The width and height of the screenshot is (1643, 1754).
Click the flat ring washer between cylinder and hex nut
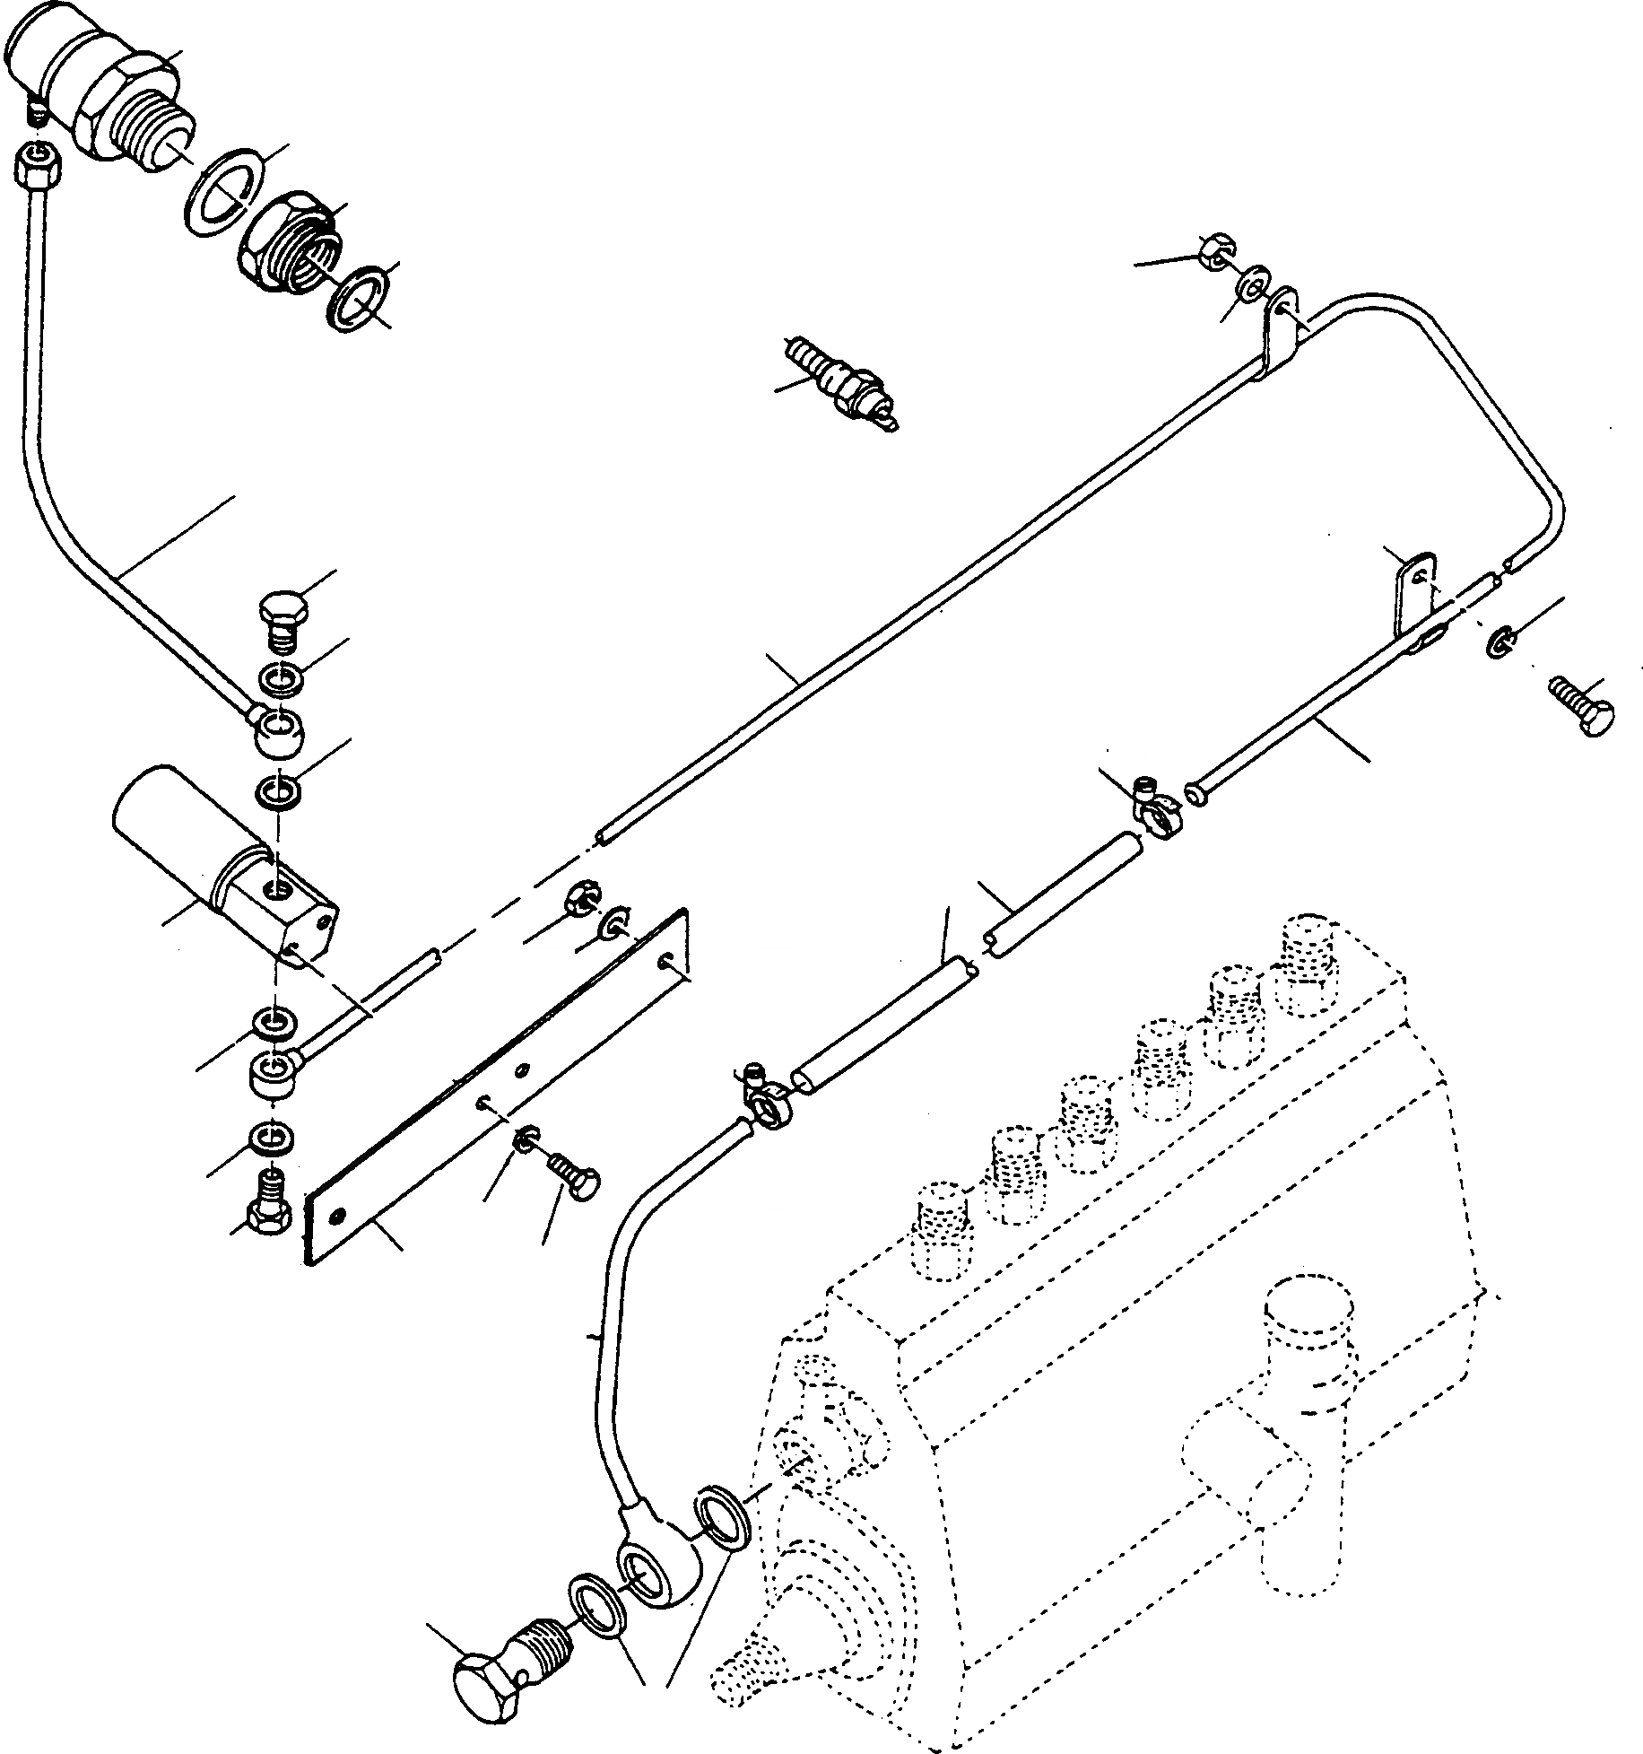pyautogui.click(x=222, y=192)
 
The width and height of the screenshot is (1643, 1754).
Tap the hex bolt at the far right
pyautogui.click(x=1583, y=708)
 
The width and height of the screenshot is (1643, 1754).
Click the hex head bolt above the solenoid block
pyautogui.click(x=283, y=619)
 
